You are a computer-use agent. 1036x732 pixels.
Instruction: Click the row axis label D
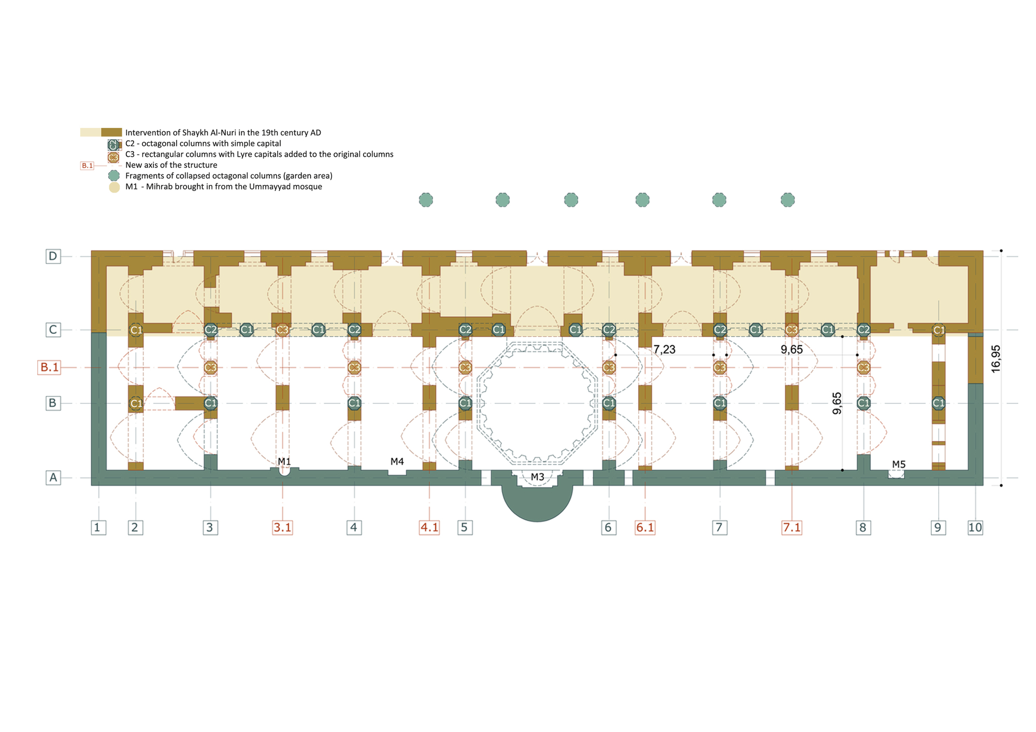[x=53, y=256]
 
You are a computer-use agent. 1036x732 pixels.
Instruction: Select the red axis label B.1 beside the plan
[x=50, y=368]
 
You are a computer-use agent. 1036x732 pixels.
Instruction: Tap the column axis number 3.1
[x=282, y=528]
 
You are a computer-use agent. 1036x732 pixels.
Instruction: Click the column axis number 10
[x=975, y=528]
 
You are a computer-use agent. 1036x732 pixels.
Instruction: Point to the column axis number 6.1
[x=645, y=528]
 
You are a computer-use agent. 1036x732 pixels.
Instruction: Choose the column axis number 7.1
[x=792, y=528]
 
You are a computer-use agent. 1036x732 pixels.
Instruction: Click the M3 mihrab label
[x=537, y=477]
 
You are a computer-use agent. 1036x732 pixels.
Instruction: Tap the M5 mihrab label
[x=899, y=464]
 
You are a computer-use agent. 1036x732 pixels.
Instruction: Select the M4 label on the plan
[x=397, y=461]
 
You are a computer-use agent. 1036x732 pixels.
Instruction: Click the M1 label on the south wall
[x=284, y=461]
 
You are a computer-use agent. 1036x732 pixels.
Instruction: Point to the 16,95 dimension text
[x=996, y=359]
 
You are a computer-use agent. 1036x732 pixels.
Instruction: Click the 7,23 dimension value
[x=664, y=349]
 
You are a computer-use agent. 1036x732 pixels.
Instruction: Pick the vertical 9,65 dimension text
[x=837, y=403]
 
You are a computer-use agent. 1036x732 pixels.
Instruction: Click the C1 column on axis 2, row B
[x=136, y=403]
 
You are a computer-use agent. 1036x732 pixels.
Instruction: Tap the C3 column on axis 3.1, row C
[x=282, y=330]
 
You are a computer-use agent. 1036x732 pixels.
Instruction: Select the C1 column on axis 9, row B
[x=939, y=403]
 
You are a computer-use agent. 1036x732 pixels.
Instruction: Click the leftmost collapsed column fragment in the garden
[x=426, y=200]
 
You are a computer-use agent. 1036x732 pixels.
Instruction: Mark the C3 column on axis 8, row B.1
[x=863, y=368]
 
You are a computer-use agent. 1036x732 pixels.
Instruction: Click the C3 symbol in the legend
[x=113, y=157]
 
